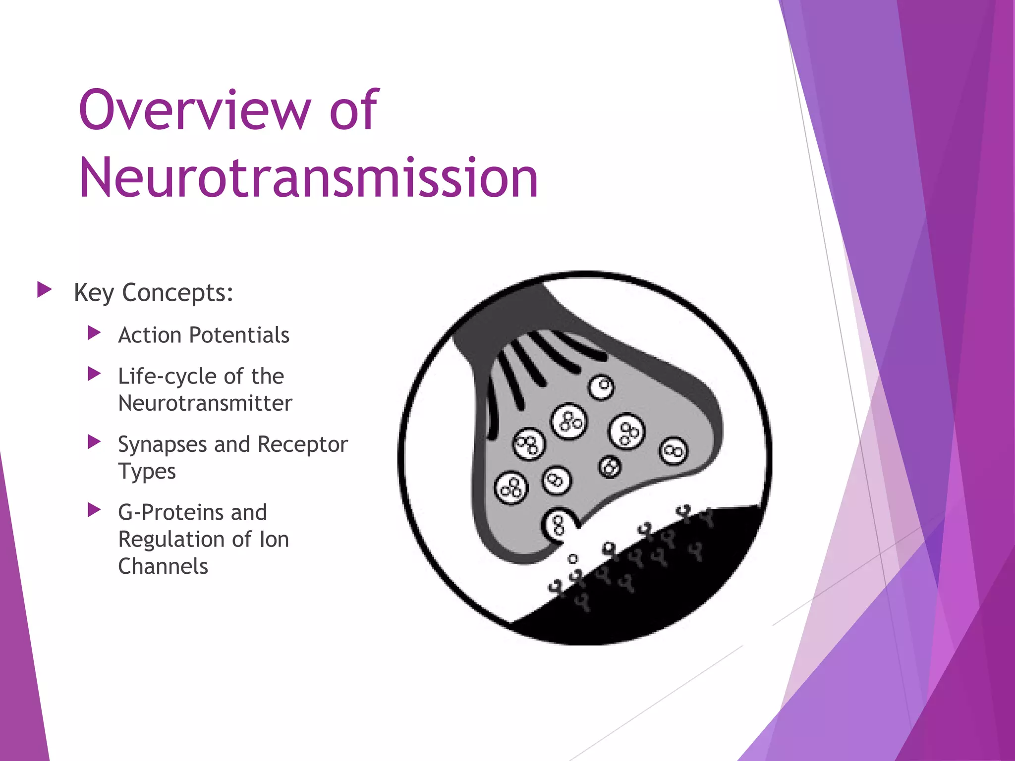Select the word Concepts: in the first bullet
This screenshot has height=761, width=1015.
178,293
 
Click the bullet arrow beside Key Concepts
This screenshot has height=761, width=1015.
45,290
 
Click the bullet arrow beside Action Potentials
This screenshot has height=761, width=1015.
94,333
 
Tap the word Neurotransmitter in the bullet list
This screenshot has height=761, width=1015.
205,403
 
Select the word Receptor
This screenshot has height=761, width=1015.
302,444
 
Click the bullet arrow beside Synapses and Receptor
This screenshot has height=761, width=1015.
94,442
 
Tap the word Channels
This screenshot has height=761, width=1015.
163,566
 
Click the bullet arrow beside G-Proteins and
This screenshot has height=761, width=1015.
94,510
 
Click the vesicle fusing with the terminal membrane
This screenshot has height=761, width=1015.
559,525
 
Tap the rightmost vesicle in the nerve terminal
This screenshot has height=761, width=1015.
673,451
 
